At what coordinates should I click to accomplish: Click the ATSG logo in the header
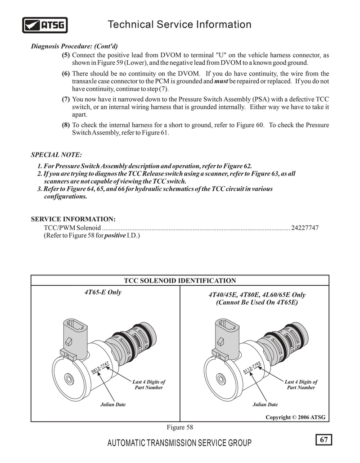[x=45, y=25]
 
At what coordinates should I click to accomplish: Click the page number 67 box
[x=324, y=439]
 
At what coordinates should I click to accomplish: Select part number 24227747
[x=305, y=228]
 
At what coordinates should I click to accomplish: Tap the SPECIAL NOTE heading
[x=56, y=155]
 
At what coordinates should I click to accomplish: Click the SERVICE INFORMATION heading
[x=73, y=219]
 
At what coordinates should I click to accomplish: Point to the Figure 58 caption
[x=180, y=427]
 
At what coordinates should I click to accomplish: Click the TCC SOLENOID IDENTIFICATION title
[x=180, y=281]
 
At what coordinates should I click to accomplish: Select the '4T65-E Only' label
[x=103, y=292]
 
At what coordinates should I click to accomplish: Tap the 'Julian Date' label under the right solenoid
[x=265, y=405]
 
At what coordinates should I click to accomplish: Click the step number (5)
[x=66, y=55]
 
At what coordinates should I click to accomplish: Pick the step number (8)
[x=66, y=125]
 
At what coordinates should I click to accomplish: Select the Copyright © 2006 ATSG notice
[x=295, y=417]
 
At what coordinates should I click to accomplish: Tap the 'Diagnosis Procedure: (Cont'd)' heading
[x=74, y=46]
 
